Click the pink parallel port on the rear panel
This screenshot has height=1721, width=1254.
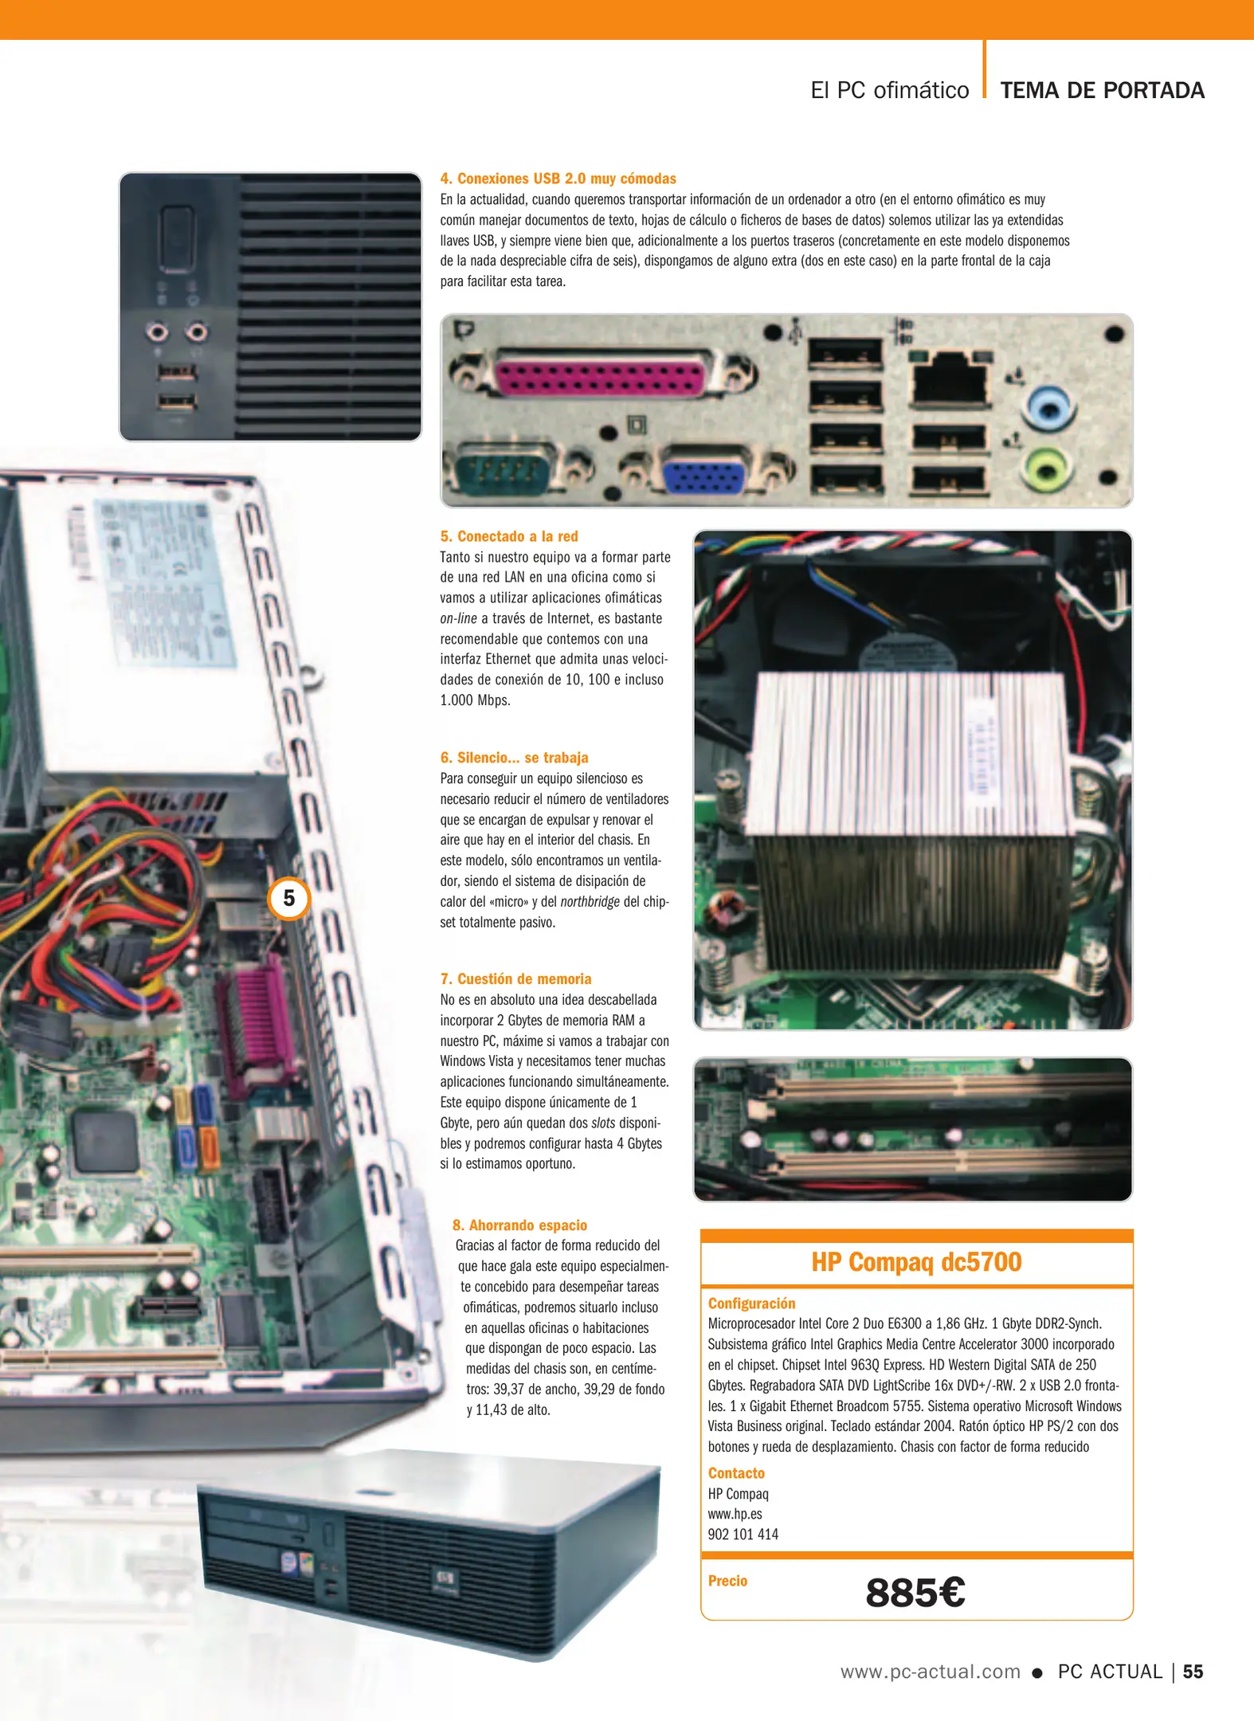coord(599,373)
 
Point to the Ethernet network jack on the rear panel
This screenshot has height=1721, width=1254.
coord(949,378)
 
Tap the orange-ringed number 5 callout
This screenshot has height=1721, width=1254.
coord(288,898)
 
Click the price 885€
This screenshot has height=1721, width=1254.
coord(915,1592)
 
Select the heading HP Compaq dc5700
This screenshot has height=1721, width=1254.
coord(916,1262)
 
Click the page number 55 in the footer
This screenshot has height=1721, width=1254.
coord(1193,1672)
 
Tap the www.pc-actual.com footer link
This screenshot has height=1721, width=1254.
coord(931,1672)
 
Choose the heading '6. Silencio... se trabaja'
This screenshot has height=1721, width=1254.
coord(515,758)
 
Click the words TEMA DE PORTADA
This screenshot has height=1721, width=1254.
coord(1102,90)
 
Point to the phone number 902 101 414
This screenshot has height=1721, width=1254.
coord(743,1534)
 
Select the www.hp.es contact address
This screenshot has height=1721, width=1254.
coord(735,1513)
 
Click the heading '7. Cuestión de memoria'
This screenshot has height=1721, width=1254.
coord(516,979)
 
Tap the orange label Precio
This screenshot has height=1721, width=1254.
coord(727,1581)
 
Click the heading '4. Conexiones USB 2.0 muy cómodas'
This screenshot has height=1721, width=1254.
coord(558,178)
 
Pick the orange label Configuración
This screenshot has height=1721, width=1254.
coord(751,1303)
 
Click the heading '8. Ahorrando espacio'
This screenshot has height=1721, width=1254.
coord(519,1225)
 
